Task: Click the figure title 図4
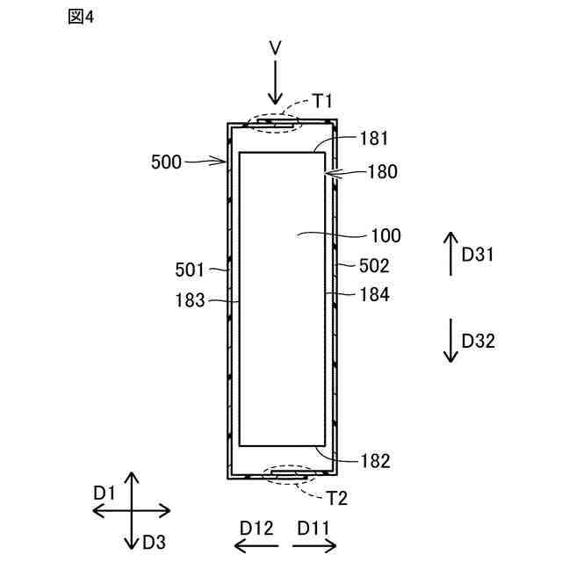pyautogui.click(x=80, y=18)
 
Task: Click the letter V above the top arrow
pyautogui.click(x=276, y=48)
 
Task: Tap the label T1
pyautogui.click(x=323, y=104)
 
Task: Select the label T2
pyautogui.click(x=337, y=498)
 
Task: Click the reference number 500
pyautogui.click(x=167, y=162)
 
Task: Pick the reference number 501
pyautogui.click(x=190, y=270)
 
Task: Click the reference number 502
pyautogui.click(x=374, y=264)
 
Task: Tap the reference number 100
pyautogui.click(x=385, y=235)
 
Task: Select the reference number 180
pyautogui.click(x=383, y=172)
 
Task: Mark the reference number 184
pyautogui.click(x=374, y=295)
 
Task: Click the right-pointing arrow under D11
pyautogui.click(x=314, y=546)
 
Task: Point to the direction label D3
pyautogui.click(x=155, y=541)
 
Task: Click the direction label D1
pyautogui.click(x=105, y=494)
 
